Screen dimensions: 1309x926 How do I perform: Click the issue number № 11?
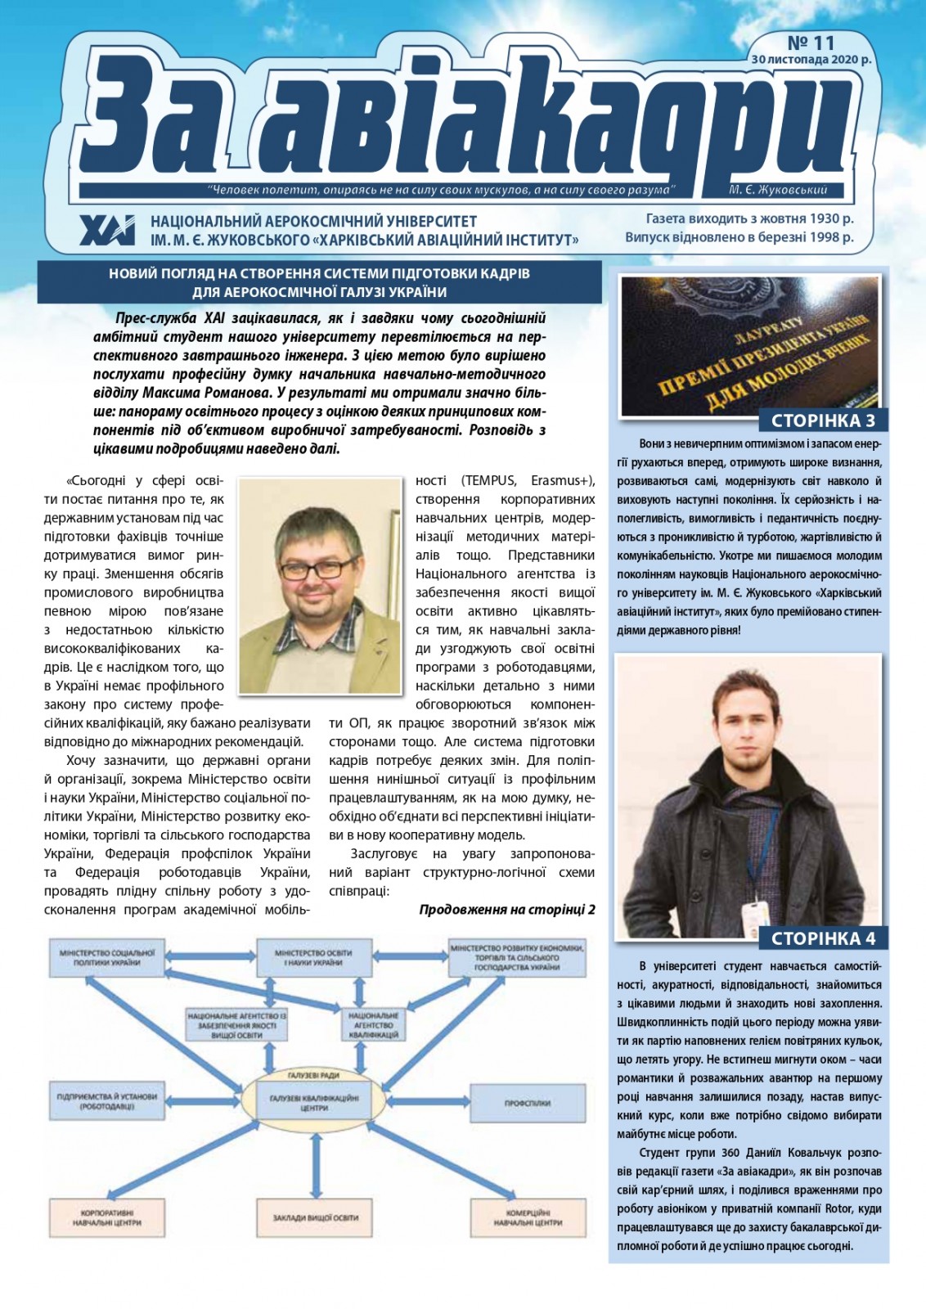pos(811,41)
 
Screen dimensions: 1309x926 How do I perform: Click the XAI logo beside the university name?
pos(107,231)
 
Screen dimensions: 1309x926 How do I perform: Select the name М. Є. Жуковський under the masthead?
pos(777,190)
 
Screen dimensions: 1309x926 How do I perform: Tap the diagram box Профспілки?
pos(527,1103)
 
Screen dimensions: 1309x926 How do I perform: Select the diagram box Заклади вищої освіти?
pos(315,1217)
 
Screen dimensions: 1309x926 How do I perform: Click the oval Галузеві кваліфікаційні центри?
pos(314,1103)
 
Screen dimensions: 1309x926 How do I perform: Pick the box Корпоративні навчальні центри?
pos(107,1217)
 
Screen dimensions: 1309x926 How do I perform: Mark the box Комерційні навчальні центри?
pos(528,1217)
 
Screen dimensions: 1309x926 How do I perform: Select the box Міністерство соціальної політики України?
pos(107,958)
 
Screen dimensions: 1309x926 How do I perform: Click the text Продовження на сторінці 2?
pos(506,909)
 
